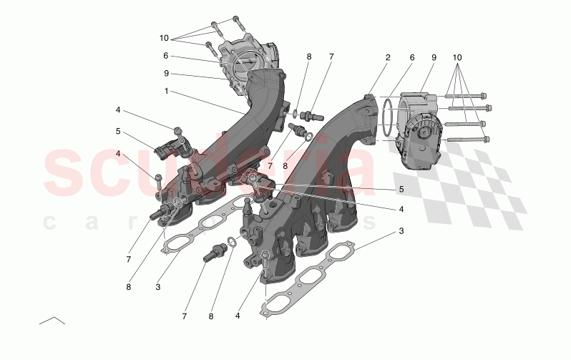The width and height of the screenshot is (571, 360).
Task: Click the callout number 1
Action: (167, 92)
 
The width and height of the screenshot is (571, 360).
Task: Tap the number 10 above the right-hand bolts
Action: (458, 57)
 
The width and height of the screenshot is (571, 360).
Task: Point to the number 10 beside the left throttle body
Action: (165, 37)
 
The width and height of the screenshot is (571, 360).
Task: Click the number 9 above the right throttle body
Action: (434, 57)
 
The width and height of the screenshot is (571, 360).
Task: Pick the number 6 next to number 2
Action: (412, 57)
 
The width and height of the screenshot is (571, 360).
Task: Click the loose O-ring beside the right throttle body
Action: (384, 117)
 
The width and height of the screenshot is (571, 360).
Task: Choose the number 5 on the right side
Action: (401, 190)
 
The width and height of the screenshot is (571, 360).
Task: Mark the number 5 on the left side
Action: (118, 132)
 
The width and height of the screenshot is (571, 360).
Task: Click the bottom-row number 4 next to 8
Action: (238, 315)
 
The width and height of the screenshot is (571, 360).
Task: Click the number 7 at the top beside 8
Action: (331, 56)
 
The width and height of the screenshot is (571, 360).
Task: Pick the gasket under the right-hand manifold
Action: (326, 276)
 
